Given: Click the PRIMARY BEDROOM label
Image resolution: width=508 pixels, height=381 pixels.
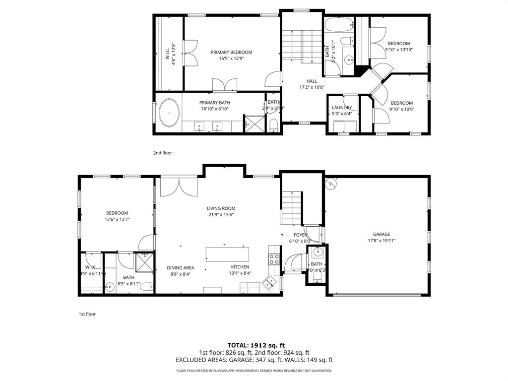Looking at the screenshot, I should click(231, 52).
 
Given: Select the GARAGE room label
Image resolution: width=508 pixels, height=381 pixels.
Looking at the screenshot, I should click(381, 234).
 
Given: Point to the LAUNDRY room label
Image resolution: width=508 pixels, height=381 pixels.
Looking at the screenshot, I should click(342, 108).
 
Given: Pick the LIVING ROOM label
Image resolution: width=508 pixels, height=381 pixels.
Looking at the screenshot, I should click(221, 208).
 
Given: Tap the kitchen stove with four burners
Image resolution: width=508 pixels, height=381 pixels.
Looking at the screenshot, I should click(274, 257).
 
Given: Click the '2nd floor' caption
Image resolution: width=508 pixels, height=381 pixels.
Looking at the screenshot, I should click(162, 153).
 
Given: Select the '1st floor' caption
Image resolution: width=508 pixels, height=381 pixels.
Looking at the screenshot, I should click(87, 314).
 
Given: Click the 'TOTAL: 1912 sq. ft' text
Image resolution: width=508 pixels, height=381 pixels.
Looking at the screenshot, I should click(256, 345).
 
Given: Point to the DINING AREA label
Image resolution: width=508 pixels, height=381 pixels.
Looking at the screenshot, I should click(180, 267).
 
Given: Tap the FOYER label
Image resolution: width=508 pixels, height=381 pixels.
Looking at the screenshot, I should click(300, 235).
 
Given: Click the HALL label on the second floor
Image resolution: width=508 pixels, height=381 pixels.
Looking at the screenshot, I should click(312, 81).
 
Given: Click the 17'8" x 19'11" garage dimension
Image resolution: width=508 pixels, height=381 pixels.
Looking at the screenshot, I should click(381, 241).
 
